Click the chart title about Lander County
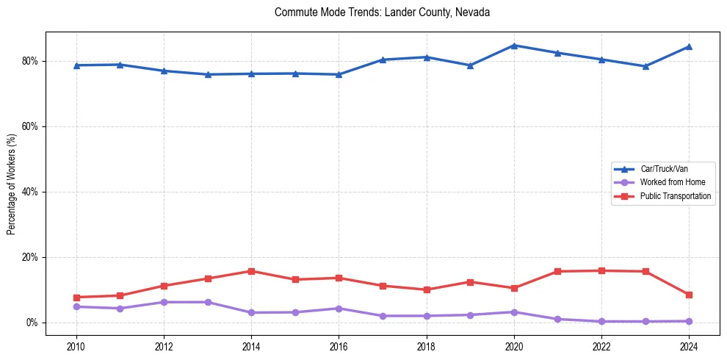pos(382,12)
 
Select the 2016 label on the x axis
pos(339,345)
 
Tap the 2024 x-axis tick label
pos(689,345)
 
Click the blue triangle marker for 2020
pos(514,46)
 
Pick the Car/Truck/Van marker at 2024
pos(689,46)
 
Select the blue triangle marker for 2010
pos(76,65)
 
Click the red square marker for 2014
pos(251,271)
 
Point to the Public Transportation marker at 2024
pos(689,295)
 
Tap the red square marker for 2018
pos(427,289)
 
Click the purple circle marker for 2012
pos(164,302)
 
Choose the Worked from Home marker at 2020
pos(514,312)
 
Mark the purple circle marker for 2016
pos(339,309)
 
